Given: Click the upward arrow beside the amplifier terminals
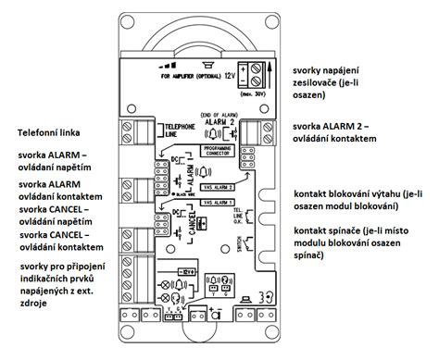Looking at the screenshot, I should click(x=270, y=69).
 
